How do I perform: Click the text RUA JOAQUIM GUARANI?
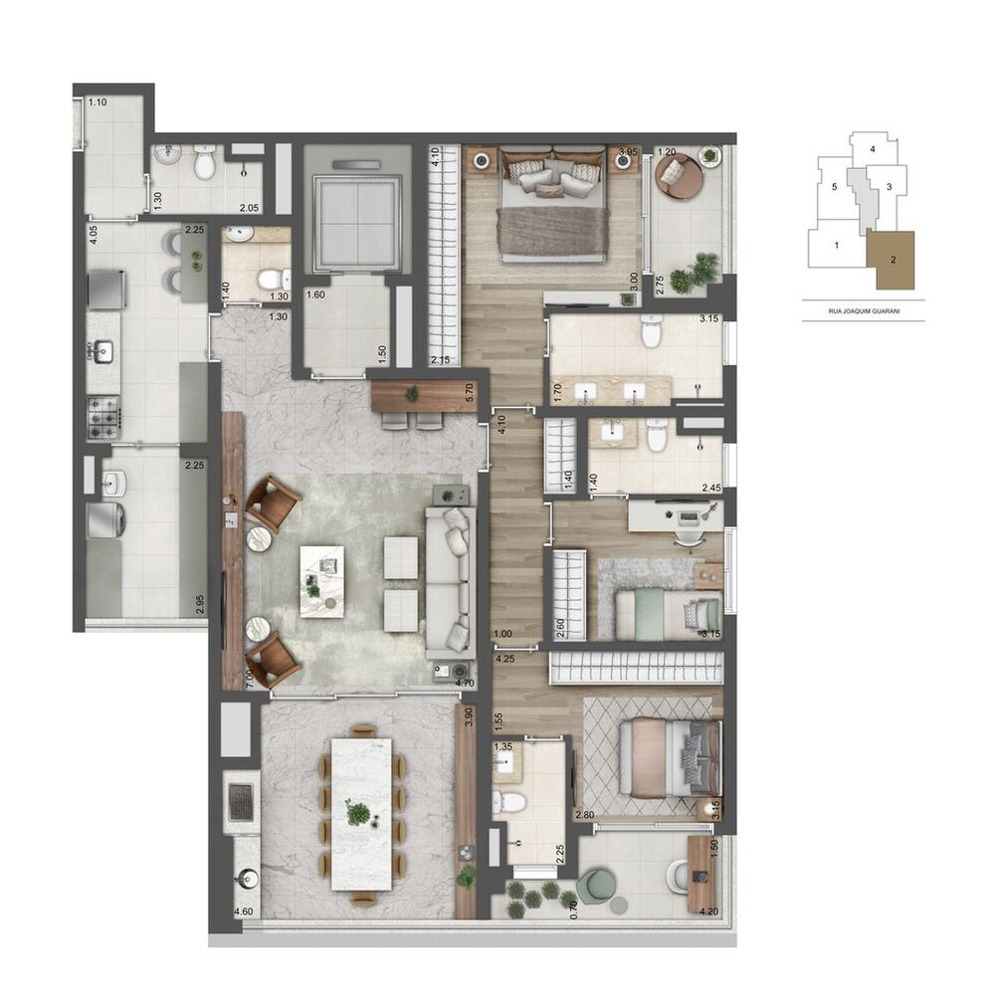coord(863,309)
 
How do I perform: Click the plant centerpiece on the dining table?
coord(358,812)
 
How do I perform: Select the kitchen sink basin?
coord(102,350)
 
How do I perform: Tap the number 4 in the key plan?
coord(872,149)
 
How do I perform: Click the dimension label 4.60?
coord(243,911)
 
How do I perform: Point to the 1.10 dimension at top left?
coord(98,102)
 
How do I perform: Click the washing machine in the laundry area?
coord(103,519)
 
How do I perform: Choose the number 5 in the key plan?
coord(834,186)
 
